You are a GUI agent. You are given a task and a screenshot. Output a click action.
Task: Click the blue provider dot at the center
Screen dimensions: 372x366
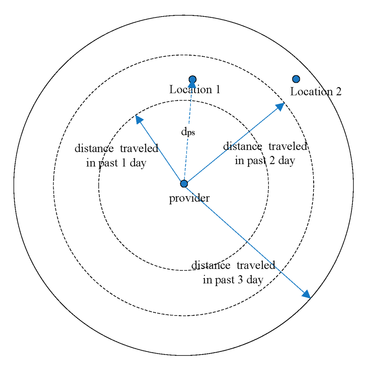click(184, 184)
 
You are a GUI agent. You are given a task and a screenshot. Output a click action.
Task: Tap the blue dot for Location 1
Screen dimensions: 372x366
click(192, 79)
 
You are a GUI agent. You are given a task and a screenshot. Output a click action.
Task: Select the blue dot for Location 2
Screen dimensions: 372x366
click(296, 79)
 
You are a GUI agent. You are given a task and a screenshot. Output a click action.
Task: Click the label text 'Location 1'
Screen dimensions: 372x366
click(194, 90)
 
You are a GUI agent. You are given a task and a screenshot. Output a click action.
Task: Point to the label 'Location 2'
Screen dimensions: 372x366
click(316, 92)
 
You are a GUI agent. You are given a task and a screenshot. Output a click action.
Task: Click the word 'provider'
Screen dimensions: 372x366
click(189, 198)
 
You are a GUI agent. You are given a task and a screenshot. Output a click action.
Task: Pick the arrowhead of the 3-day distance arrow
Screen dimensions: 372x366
click(306, 294)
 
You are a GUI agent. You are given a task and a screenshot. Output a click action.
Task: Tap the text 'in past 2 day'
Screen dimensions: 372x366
click(264, 161)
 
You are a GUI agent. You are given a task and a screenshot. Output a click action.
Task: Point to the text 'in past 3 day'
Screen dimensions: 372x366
click(233, 280)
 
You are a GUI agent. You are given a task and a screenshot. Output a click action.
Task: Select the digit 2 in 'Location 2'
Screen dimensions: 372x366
click(337, 92)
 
